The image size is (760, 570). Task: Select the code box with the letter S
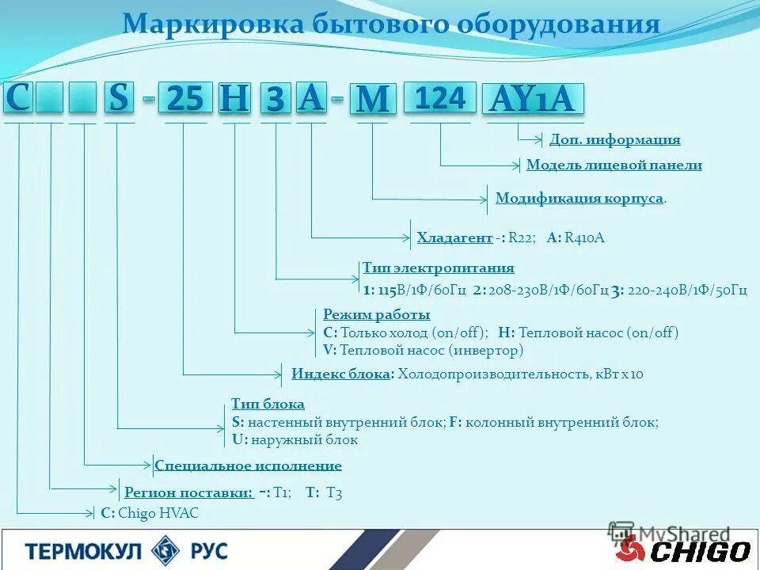(119, 98)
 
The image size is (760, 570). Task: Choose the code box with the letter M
(373, 100)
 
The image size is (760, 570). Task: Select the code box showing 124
(440, 98)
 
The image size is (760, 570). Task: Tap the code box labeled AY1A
(536, 100)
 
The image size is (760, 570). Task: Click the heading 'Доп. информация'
(615, 140)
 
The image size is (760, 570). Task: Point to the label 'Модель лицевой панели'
(614, 165)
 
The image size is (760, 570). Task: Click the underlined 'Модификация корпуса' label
(579, 198)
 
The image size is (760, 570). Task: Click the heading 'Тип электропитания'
(439, 268)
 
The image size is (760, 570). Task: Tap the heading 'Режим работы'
(377, 314)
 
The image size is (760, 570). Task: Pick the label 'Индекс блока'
(343, 374)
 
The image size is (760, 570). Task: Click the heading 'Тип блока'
(268, 404)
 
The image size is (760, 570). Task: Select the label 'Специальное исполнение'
(249, 465)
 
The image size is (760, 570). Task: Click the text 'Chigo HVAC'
(158, 513)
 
